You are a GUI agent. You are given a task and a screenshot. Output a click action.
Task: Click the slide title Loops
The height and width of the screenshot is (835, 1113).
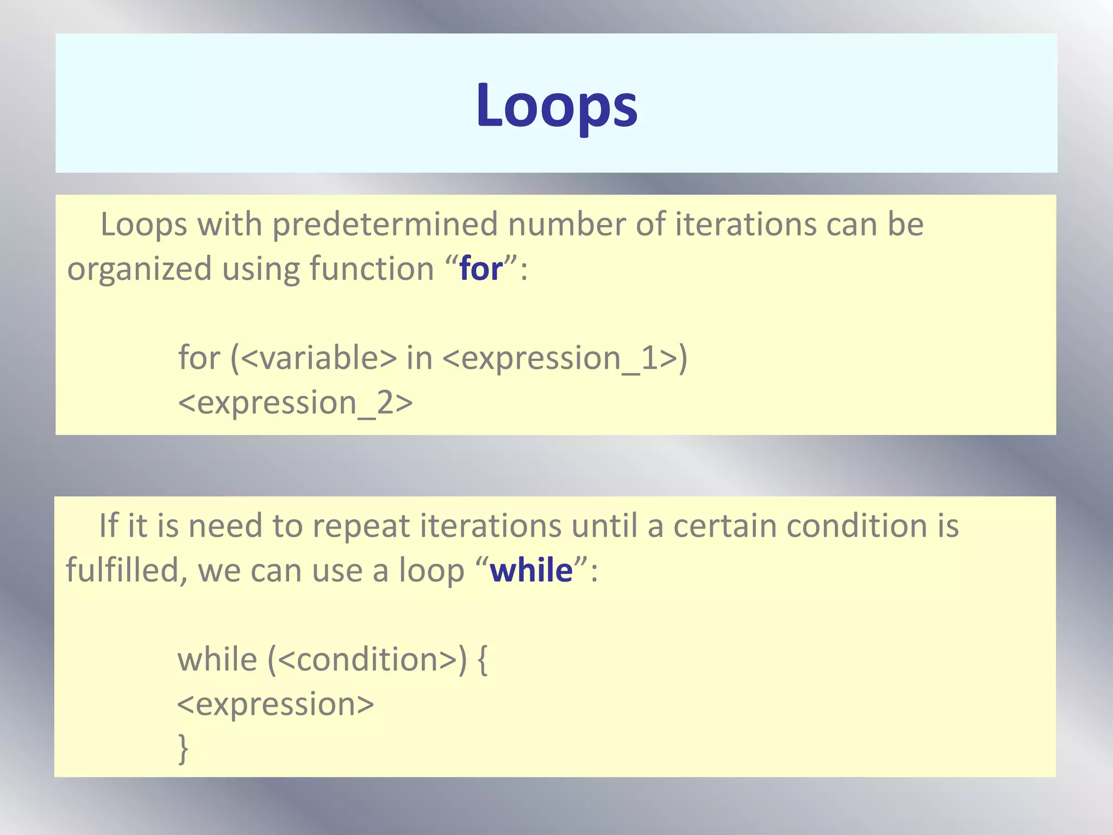pyautogui.click(x=556, y=105)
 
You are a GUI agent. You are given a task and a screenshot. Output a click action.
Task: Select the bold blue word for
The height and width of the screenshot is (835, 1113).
pyautogui.click(x=481, y=269)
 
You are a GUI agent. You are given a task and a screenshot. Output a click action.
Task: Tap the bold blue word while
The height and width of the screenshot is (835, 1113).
pyautogui.click(x=531, y=571)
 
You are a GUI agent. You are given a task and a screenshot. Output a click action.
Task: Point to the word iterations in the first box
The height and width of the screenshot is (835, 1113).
pyautogui.click(x=746, y=225)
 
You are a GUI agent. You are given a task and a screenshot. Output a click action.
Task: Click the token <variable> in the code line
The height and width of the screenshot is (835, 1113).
pyautogui.click(x=318, y=358)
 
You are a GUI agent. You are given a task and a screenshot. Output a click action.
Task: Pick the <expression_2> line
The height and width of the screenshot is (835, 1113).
pyautogui.click(x=295, y=403)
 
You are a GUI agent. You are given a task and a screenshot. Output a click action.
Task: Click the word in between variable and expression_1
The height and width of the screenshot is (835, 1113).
pyautogui.click(x=419, y=358)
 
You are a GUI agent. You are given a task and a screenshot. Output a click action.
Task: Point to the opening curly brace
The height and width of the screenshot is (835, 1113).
pyautogui.click(x=482, y=660)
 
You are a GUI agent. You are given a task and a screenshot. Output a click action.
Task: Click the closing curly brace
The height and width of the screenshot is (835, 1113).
pyautogui.click(x=183, y=749)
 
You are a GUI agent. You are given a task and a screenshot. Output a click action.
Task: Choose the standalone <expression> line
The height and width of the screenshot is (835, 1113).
pyautogui.click(x=276, y=705)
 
